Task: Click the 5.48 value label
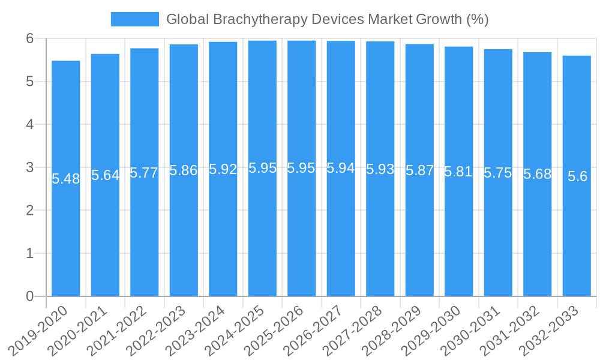tap(66, 179)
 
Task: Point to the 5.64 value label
tap(105, 175)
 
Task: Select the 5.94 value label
tap(341, 168)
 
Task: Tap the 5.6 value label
tap(577, 176)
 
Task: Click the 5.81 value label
tap(459, 172)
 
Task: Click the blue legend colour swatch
tap(135, 19)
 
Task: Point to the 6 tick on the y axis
tap(30, 38)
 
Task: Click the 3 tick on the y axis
tap(30, 167)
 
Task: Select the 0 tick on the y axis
tap(30, 296)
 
